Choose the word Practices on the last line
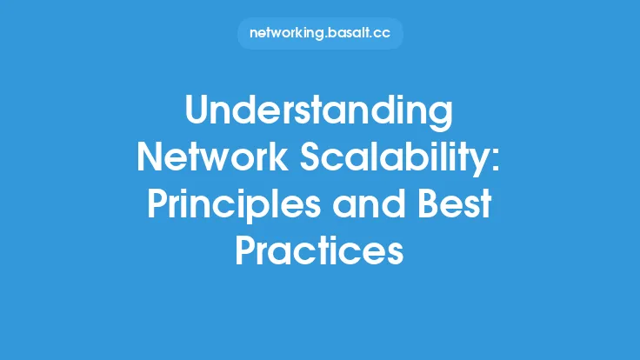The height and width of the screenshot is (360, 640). point(320,251)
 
